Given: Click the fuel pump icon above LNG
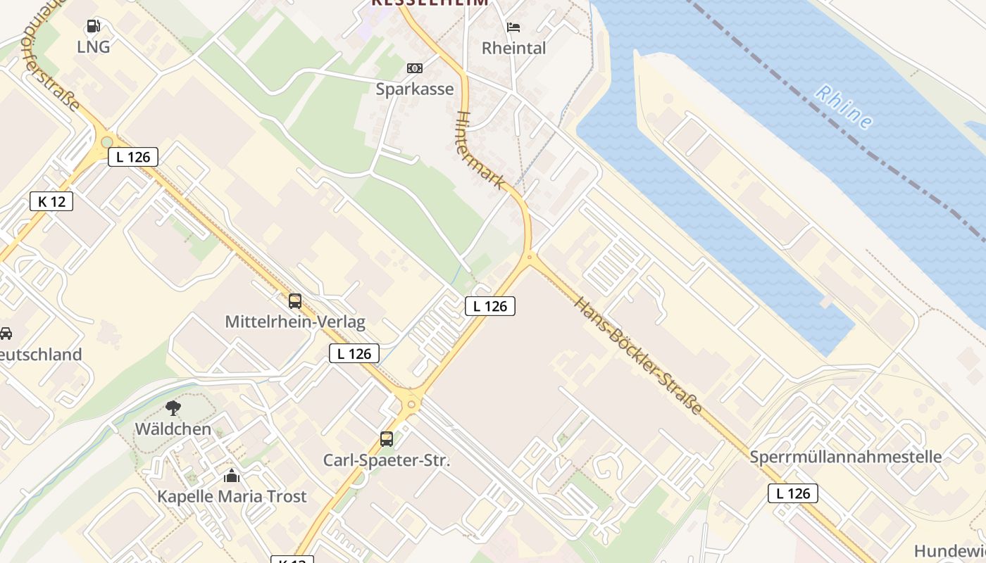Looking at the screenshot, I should pos(93,27).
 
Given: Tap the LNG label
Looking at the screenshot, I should pos(94,47).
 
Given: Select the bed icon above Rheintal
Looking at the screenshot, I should pos(513,27).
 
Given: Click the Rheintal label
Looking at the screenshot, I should pos(513,48).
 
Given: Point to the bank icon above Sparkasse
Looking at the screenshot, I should pos(415,68).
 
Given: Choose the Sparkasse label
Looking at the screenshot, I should pos(415,89).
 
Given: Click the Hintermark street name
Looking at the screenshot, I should pos(481,150).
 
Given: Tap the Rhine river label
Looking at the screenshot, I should pos(844,107).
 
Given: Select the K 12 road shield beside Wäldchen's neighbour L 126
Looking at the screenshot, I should pos(51,201).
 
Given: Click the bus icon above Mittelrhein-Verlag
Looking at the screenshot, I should pos(295,301).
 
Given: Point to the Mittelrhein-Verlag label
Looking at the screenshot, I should pos(295,322).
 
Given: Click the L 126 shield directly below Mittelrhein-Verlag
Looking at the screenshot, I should pos(354,353).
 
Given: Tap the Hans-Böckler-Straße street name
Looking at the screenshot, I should pos(638,356).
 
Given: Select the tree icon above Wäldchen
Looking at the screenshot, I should pos(173,408).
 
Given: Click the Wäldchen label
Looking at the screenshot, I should pos(173,429).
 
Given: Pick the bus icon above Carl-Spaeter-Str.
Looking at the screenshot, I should pos(386,439).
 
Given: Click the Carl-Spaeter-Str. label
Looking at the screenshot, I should pos(386,460).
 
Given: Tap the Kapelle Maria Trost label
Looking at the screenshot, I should pos(232,496).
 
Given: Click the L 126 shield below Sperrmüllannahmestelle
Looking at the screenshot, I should pos(793,493).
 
